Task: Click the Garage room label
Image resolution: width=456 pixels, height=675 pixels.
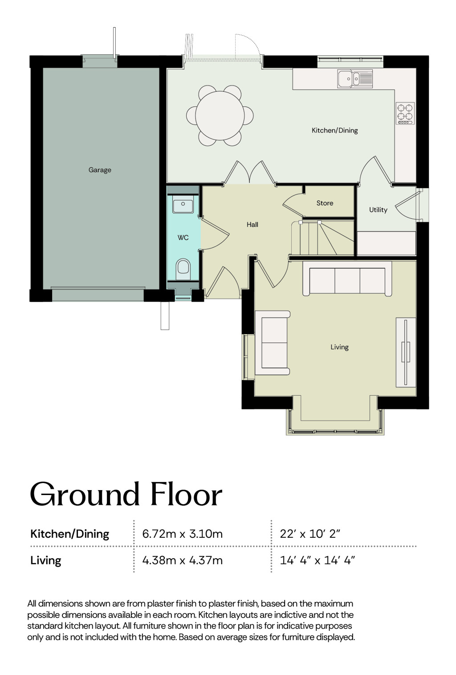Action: (x=100, y=170)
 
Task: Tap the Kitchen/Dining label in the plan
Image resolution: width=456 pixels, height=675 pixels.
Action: (x=334, y=131)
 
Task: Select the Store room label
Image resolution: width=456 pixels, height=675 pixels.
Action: (x=325, y=203)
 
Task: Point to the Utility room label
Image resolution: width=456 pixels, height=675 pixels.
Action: (x=378, y=210)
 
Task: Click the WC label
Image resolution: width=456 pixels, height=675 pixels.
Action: (x=183, y=237)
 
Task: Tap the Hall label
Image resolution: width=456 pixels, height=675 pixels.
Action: (x=252, y=225)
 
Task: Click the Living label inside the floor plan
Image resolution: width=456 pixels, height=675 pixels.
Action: (x=339, y=347)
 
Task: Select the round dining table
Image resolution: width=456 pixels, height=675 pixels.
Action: (x=220, y=115)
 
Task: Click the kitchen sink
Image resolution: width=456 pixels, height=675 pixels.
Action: (x=355, y=79)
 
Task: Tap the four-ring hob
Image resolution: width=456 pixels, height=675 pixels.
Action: (x=405, y=113)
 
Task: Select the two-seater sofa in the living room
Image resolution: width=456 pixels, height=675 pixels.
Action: (x=273, y=343)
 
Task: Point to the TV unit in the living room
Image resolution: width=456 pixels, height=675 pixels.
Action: (x=406, y=352)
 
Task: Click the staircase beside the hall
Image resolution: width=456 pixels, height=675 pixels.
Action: (x=322, y=238)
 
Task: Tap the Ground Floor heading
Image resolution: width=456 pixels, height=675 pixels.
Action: (x=126, y=495)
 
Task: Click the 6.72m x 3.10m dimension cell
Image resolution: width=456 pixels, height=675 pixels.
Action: (x=182, y=534)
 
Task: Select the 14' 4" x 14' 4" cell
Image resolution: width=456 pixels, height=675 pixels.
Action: (x=318, y=560)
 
